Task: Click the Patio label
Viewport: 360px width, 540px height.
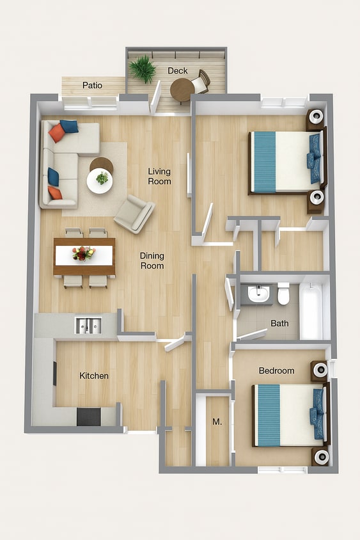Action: (92, 85)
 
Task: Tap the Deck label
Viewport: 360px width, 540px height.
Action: (178, 70)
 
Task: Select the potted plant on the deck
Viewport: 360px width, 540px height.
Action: (143, 69)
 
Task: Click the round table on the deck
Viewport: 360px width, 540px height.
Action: (182, 90)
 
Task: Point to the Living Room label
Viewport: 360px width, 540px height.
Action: (159, 177)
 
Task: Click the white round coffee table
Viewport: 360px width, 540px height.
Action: (100, 181)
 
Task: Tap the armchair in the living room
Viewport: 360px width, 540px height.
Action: (134, 214)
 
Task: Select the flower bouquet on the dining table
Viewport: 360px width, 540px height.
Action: (84, 253)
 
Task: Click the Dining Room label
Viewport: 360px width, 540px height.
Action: (152, 260)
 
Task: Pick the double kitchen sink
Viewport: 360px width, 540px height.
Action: (88, 326)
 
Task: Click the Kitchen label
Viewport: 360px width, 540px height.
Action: (94, 376)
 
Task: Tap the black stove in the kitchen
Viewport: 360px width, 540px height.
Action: (89, 417)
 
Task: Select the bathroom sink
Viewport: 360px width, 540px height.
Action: (258, 294)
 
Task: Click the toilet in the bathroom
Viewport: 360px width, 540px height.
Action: (284, 294)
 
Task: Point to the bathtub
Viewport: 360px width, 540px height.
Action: (311, 311)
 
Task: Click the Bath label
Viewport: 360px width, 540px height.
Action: (279, 323)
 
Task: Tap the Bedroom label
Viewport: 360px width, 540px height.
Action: (277, 370)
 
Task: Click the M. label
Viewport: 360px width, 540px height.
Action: (217, 422)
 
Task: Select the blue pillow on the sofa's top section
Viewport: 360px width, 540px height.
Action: (69, 127)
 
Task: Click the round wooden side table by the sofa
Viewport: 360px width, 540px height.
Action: (101, 164)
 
